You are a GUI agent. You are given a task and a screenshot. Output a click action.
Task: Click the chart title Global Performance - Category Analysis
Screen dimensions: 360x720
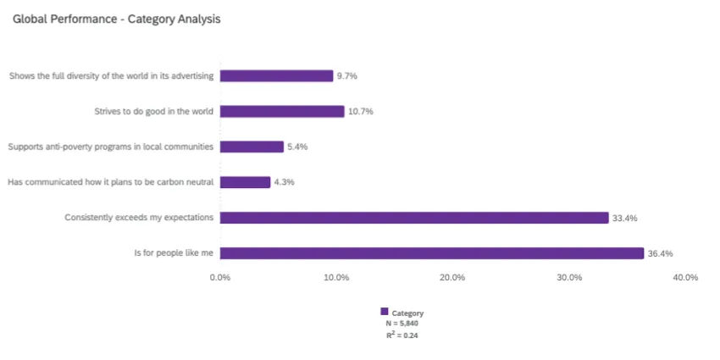pyautogui.click(x=116, y=19)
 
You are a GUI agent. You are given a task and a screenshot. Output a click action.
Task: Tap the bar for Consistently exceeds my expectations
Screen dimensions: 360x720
pyautogui.click(x=414, y=218)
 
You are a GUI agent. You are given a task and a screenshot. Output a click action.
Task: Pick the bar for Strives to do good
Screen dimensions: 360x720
pyautogui.click(x=282, y=111)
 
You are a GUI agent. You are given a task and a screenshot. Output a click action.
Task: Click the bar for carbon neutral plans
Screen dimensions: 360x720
pyautogui.click(x=245, y=182)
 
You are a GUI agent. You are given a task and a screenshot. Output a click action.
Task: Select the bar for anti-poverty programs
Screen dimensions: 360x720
pyautogui.click(x=252, y=147)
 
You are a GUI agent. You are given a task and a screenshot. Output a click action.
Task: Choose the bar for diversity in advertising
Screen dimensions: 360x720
pyautogui.click(x=276, y=75)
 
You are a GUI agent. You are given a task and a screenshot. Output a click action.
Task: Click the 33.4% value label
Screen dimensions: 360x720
pyautogui.click(x=625, y=218)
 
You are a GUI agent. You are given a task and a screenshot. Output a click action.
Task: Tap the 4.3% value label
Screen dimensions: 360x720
pyautogui.click(x=284, y=182)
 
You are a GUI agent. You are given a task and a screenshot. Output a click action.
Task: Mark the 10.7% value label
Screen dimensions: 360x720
pyautogui.click(x=361, y=111)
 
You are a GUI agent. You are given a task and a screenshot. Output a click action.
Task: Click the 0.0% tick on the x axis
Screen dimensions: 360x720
pyautogui.click(x=220, y=278)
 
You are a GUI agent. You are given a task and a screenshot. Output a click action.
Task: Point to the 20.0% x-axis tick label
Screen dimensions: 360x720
pyautogui.click(x=452, y=278)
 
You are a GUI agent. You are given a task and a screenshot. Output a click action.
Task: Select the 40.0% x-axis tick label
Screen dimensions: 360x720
pyautogui.click(x=685, y=278)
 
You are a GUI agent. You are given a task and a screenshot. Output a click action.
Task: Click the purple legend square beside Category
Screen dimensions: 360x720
pyautogui.click(x=385, y=312)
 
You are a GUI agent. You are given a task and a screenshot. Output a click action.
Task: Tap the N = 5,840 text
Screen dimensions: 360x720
pyautogui.click(x=402, y=324)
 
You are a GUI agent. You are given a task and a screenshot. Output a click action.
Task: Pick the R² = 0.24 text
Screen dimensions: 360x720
pyautogui.click(x=402, y=335)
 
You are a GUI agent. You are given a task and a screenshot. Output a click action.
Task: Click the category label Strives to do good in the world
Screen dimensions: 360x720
pyautogui.click(x=153, y=111)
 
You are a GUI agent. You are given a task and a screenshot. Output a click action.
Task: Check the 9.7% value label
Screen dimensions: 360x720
pyautogui.click(x=347, y=75)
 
